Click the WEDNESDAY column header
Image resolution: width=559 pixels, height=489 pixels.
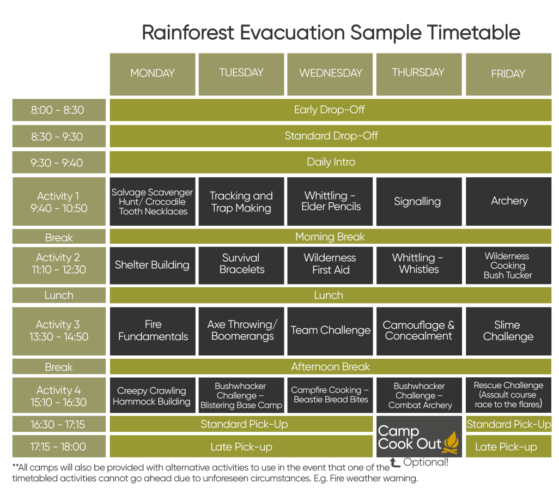pyautogui.click(x=330, y=74)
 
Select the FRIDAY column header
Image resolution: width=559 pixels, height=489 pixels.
pyautogui.click(x=508, y=74)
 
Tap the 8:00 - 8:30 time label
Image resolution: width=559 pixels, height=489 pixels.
pyautogui.click(x=58, y=110)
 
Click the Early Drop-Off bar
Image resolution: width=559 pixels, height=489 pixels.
pyautogui.click(x=331, y=110)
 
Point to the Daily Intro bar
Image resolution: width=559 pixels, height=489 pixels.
pyautogui.click(x=331, y=162)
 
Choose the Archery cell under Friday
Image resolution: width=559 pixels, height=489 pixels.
pyautogui.click(x=508, y=201)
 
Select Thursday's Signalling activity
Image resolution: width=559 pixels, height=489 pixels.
pyautogui.click(x=418, y=201)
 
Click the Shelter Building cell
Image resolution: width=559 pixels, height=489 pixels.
pyautogui.click(x=153, y=265)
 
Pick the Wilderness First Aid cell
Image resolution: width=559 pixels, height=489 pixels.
pyautogui.click(x=330, y=264)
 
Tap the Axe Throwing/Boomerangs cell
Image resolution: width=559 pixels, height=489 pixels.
pyautogui.click(x=241, y=330)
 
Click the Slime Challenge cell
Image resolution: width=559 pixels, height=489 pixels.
pyautogui.click(x=508, y=330)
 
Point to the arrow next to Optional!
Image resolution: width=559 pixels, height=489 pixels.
pyautogui.click(x=394, y=463)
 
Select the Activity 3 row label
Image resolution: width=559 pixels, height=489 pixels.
pyautogui.click(x=58, y=330)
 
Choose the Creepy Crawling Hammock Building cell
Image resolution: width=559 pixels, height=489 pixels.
pyautogui.click(x=153, y=396)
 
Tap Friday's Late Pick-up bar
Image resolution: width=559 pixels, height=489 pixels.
pyautogui.click(x=508, y=446)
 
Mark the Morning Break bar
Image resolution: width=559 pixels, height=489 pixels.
pyautogui.click(x=331, y=237)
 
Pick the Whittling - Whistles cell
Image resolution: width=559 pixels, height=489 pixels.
pyautogui.click(x=418, y=264)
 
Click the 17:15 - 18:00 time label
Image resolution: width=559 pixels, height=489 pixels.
pyautogui.click(x=58, y=446)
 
